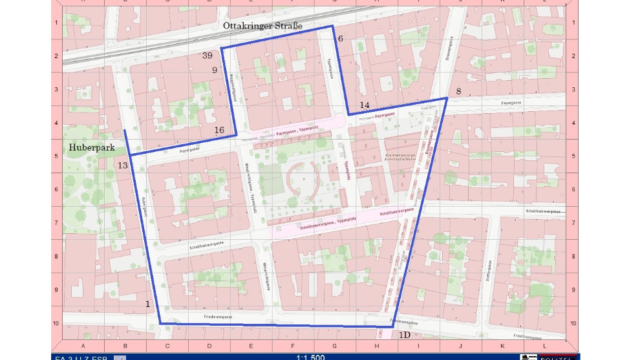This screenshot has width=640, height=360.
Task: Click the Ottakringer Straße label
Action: pos(262,25)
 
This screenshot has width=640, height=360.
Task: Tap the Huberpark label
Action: pos(92,148)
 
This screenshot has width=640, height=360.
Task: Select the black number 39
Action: pos(208,56)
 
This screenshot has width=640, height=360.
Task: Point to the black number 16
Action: pos(219,130)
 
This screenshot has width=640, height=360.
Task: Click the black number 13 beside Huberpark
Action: pos(123,165)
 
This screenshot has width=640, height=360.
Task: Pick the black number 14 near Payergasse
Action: pos(365,105)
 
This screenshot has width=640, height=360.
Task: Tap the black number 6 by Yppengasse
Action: pos(340,38)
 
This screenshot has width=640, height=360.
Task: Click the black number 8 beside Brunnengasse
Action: pos(458,92)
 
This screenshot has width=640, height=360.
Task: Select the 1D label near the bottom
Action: pos(404,335)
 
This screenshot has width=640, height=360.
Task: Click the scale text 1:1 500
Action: pos(310,356)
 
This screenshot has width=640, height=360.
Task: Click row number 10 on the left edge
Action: pos(56,323)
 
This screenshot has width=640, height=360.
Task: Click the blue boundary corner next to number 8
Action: pos(447,98)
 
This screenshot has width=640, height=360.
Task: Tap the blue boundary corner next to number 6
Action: pos(333,26)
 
